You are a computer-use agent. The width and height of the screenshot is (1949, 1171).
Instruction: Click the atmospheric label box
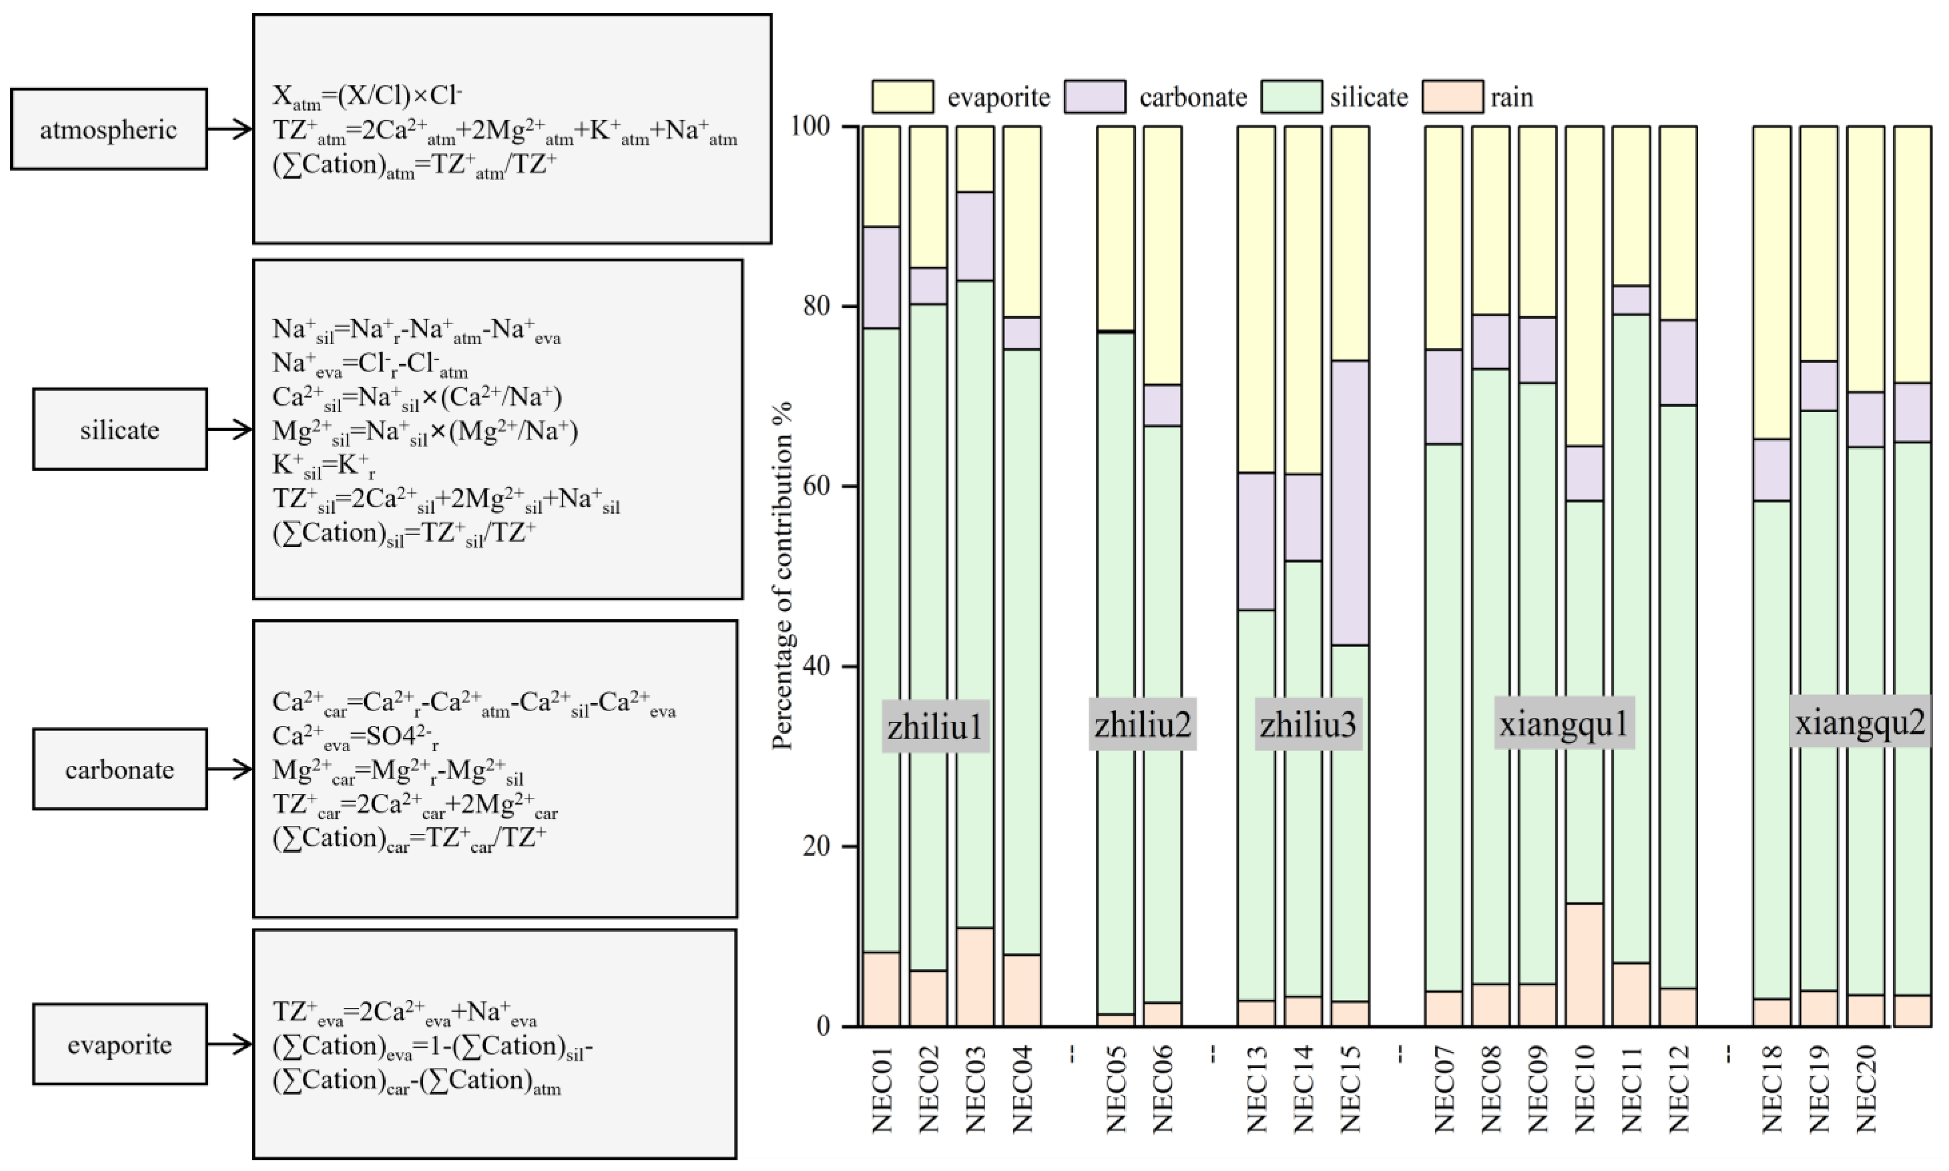point(109,129)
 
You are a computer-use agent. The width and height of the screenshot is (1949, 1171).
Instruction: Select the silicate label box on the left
point(120,429)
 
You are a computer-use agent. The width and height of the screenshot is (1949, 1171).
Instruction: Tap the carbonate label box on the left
point(120,769)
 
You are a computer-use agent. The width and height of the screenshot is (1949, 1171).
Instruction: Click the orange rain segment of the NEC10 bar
point(1584,964)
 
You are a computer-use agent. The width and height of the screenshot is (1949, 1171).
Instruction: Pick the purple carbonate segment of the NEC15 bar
point(1350,503)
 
